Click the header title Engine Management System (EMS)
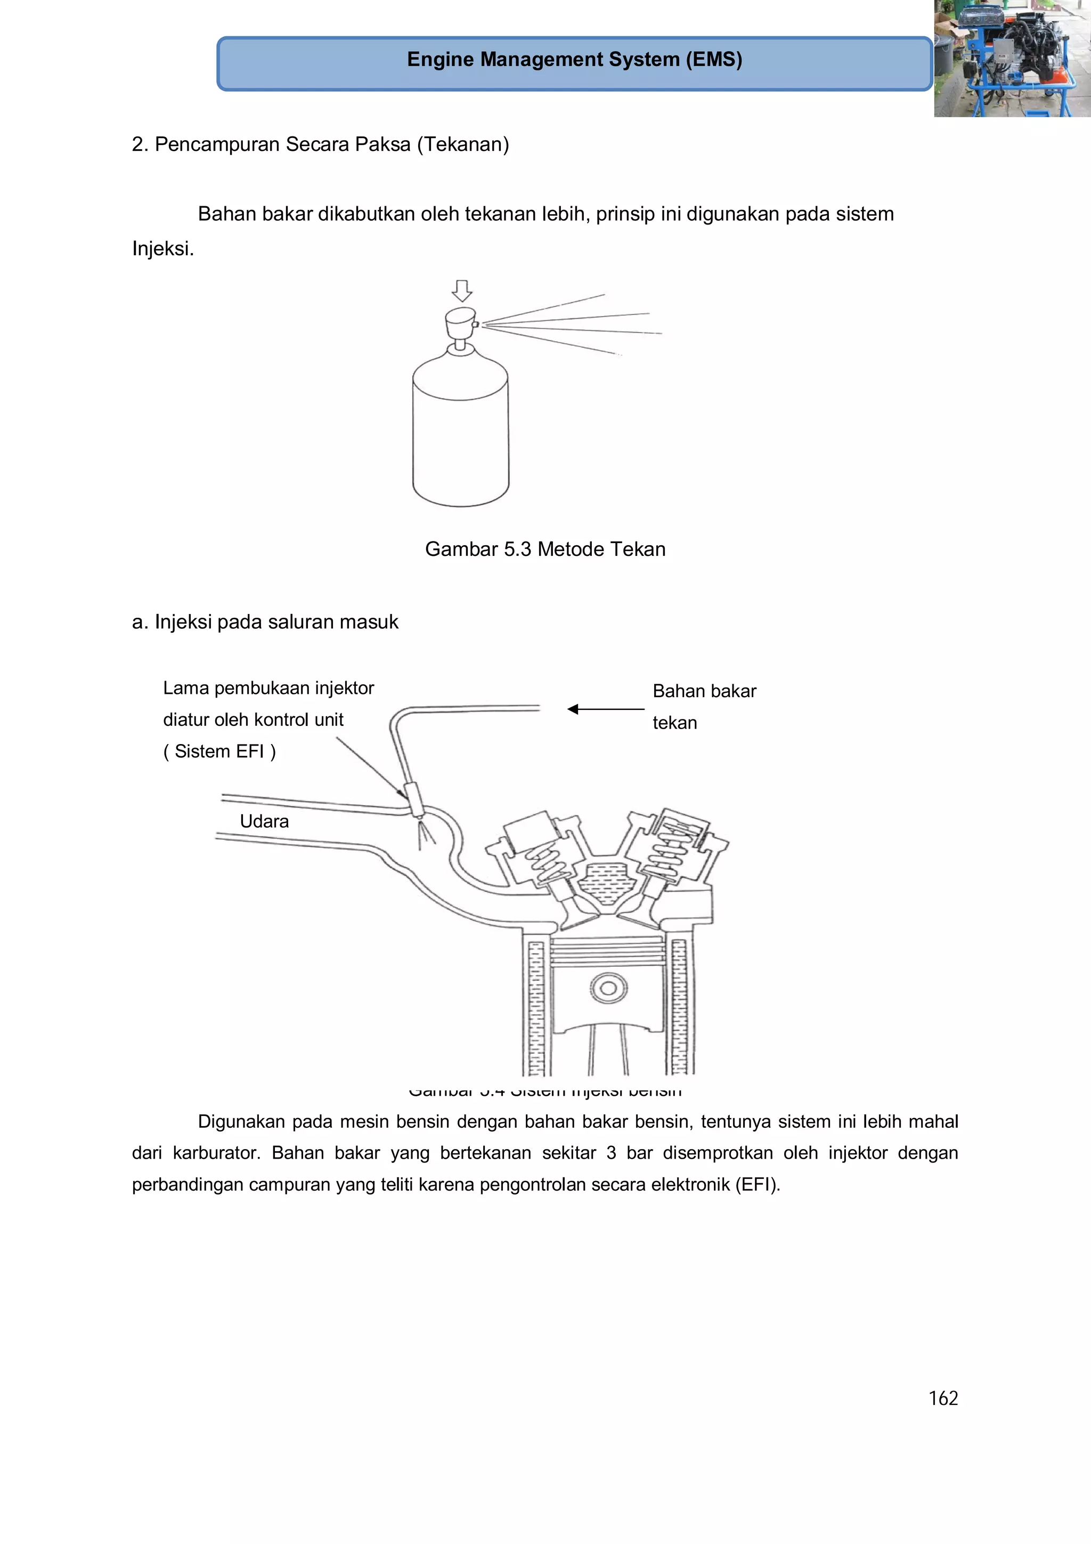574,60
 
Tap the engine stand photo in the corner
1012,59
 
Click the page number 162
942,1398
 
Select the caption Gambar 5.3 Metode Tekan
545,549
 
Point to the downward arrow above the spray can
462,290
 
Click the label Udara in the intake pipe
264,821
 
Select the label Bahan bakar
704,691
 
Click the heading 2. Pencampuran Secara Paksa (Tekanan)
320,144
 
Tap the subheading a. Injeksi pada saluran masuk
265,622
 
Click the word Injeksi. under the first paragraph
162,249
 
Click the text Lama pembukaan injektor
268,688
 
